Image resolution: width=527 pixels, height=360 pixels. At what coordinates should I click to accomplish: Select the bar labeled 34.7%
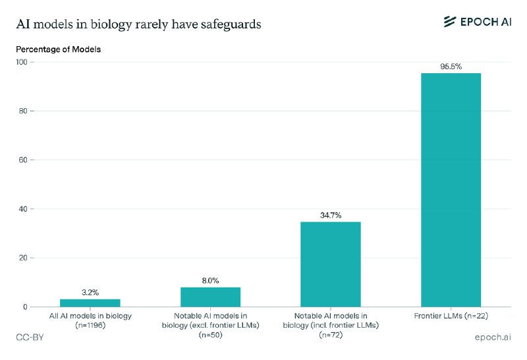coord(330,264)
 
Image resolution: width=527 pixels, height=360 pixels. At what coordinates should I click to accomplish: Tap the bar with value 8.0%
coord(210,297)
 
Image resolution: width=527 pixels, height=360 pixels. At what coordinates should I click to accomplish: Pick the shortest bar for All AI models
coord(90,303)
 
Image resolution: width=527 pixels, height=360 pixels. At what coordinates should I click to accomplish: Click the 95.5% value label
coord(451,67)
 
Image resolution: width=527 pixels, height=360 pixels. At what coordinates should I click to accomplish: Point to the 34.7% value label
coord(330,215)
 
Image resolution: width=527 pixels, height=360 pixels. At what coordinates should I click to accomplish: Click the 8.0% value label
coord(210,280)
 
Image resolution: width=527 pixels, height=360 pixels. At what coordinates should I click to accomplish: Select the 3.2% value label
coord(90,292)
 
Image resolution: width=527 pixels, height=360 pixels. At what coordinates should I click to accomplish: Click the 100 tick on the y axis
coord(21,62)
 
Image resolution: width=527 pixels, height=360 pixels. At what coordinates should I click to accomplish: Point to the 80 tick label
coord(23,111)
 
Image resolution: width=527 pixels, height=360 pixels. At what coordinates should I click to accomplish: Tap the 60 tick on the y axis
coord(23,160)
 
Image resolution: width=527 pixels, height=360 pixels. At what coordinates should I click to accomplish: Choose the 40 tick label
coord(23,209)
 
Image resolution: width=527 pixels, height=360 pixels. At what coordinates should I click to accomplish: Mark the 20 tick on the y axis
coord(23,258)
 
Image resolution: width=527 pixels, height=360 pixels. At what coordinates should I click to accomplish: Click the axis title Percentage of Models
coord(58,49)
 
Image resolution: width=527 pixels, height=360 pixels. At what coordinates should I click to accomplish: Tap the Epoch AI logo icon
coord(451,22)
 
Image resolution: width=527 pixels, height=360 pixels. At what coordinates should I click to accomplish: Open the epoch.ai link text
coord(493,338)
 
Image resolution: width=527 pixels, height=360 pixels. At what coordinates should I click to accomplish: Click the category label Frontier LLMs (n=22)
coord(451,316)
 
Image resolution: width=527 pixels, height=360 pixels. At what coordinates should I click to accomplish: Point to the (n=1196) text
coord(90,325)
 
